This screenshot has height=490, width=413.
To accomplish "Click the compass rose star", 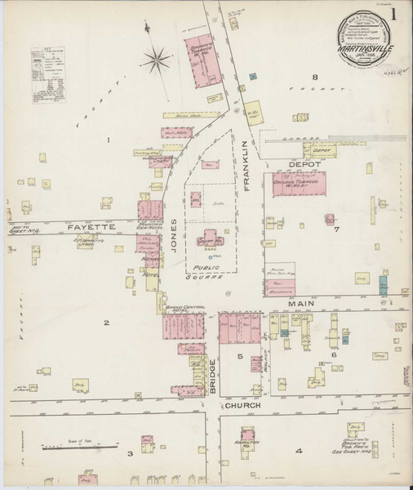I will click(x=158, y=58).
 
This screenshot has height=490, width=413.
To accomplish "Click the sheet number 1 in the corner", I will click(x=395, y=13).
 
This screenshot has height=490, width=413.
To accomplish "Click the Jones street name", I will click(x=174, y=236).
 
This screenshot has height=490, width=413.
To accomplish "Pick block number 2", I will click(x=105, y=323).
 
